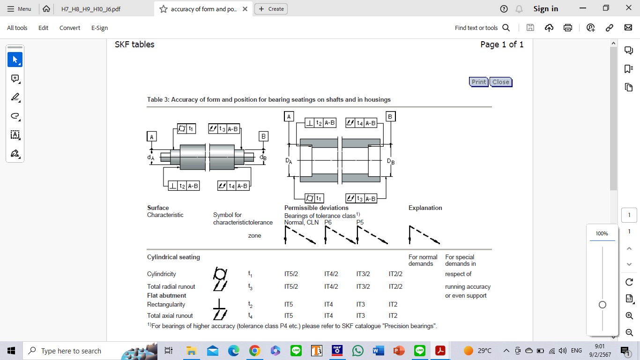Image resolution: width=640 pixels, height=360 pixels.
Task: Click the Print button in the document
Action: point(478,82)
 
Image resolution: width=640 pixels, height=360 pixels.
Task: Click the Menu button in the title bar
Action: point(19,9)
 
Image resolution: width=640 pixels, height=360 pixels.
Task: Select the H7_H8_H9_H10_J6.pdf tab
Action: point(91,9)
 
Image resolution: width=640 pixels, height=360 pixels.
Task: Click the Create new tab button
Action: point(271,9)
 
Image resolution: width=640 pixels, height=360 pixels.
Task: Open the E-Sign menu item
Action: point(99,28)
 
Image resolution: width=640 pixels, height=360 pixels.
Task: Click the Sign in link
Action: point(545,9)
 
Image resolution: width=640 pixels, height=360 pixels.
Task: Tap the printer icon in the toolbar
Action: point(568,28)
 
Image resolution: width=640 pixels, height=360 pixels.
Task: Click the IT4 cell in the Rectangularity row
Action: point(328,305)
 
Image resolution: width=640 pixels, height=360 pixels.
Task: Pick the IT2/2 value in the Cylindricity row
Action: point(395,274)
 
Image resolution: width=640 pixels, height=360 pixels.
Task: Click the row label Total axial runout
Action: point(170,316)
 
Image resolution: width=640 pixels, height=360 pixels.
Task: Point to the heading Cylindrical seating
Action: point(173,257)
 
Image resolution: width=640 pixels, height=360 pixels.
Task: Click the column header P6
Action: point(328,223)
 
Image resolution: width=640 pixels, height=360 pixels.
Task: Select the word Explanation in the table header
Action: point(425,208)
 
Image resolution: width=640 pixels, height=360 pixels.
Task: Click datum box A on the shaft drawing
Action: point(151,136)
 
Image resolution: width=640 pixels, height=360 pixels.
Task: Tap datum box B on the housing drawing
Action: point(390,116)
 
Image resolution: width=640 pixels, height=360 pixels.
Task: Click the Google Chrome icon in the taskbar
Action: point(254,351)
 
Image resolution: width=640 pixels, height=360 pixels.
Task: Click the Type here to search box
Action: point(70,351)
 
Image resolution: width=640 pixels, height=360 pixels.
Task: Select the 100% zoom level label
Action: point(602,233)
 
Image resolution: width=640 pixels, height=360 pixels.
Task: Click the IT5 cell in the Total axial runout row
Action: point(288,316)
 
